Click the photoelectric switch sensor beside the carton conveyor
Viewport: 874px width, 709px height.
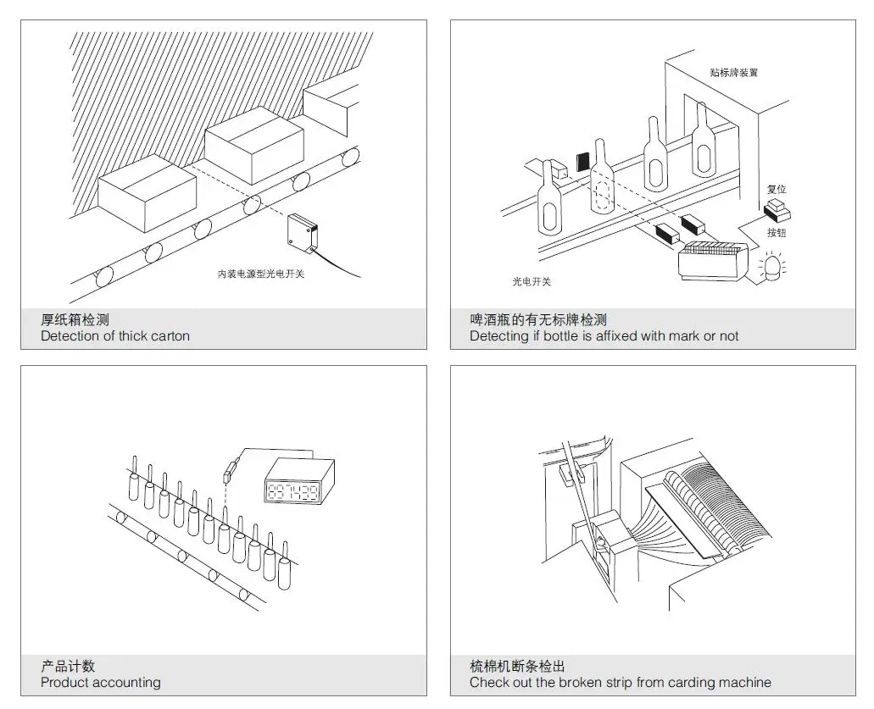pos(303,231)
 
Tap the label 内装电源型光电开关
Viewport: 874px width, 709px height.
pos(260,274)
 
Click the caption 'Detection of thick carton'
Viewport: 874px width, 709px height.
pos(115,336)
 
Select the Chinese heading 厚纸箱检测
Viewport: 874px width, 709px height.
pos(75,319)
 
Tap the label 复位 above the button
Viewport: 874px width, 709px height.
pos(777,189)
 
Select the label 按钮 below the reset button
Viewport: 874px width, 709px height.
pos(777,232)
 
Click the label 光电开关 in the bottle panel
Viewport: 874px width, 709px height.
pos(532,281)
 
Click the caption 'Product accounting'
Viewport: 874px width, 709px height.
pos(100,683)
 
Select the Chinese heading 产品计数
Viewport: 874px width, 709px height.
pos(68,666)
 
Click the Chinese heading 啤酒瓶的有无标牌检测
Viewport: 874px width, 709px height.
pos(538,319)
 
